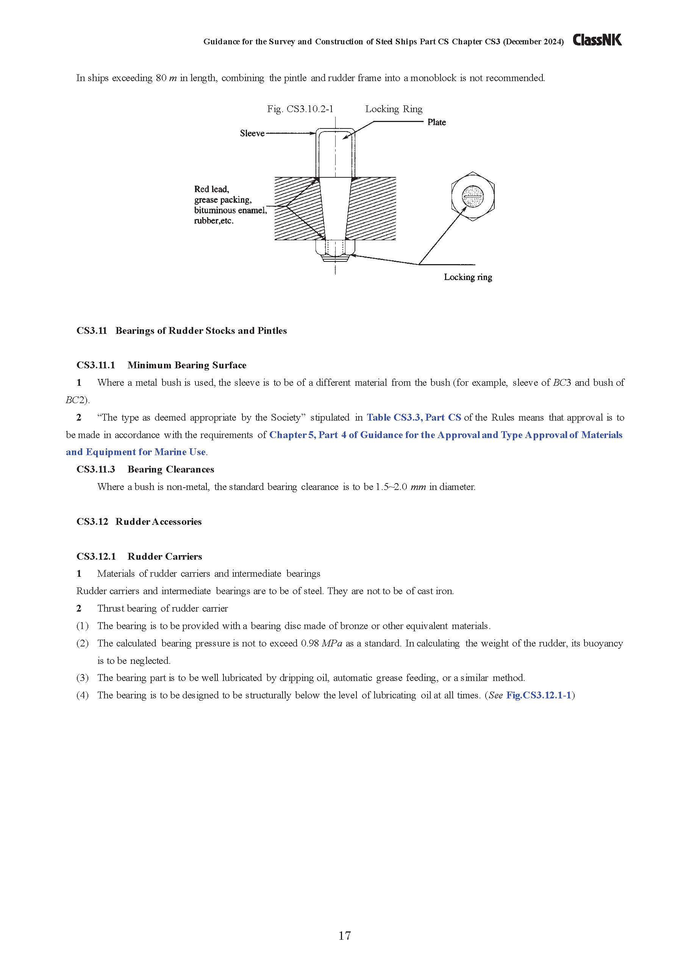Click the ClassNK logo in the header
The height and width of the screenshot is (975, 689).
(x=597, y=40)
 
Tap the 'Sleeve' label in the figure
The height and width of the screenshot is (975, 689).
(x=252, y=133)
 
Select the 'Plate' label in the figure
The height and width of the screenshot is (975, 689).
(x=436, y=122)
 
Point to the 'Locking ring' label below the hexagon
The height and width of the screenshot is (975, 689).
(x=468, y=277)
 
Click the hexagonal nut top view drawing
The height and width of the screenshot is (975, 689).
(x=472, y=196)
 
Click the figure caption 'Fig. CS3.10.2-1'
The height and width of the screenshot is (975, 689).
(x=300, y=109)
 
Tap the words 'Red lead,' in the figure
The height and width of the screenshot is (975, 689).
(x=211, y=189)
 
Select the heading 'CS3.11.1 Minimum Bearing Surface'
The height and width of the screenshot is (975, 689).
(x=161, y=365)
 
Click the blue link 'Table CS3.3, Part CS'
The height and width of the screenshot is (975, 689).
(x=414, y=418)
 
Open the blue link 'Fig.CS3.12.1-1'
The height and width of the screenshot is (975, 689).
(x=538, y=695)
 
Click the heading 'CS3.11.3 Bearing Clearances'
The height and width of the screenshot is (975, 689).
(x=145, y=469)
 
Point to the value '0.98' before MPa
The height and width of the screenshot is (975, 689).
(x=309, y=643)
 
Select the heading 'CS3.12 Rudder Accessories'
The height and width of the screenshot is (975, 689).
(x=139, y=521)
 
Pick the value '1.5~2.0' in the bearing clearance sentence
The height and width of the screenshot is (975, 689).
(x=391, y=487)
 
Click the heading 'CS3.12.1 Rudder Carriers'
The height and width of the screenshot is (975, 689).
(x=139, y=556)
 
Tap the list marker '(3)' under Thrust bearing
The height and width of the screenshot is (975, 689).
(x=82, y=678)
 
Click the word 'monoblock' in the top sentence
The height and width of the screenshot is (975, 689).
(x=433, y=78)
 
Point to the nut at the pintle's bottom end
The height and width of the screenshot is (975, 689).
(x=335, y=250)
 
